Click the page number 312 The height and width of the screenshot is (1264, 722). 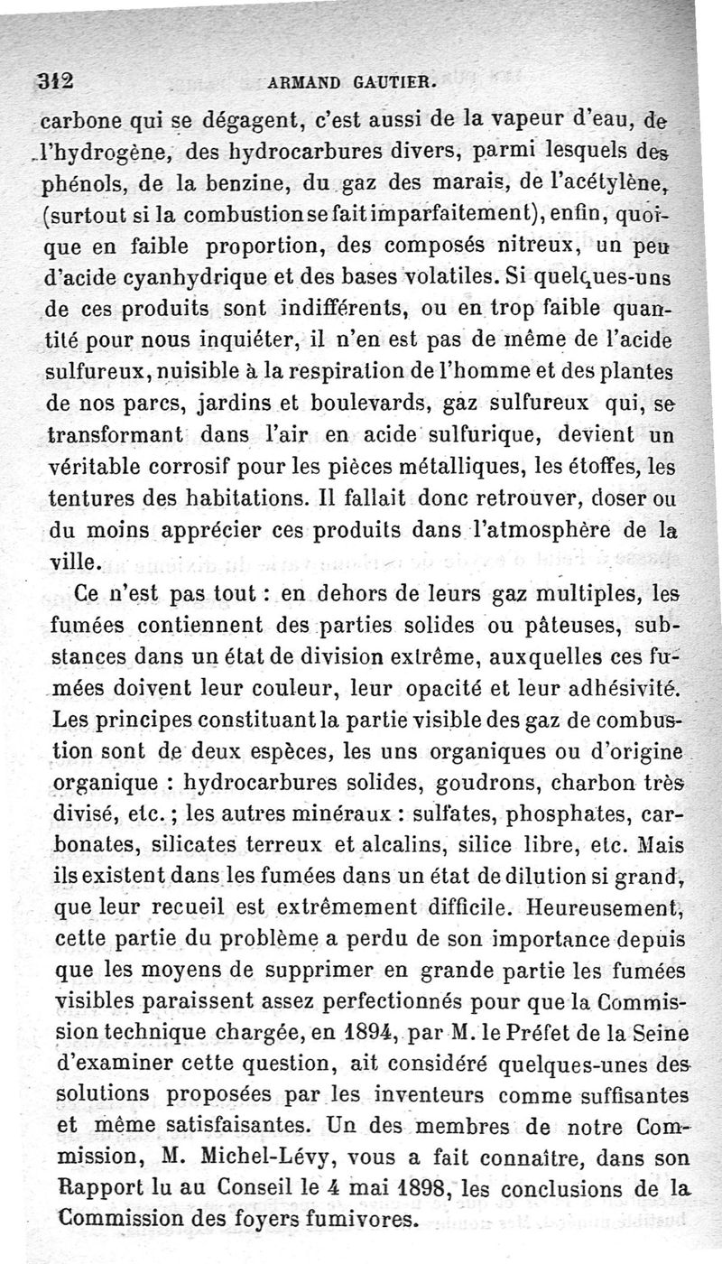click(x=56, y=79)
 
